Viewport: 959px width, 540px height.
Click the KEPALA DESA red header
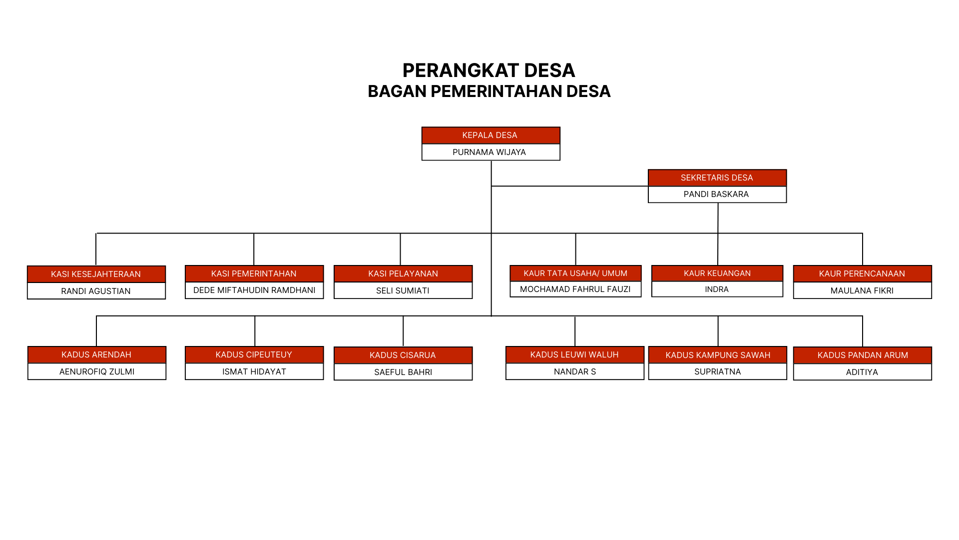pyautogui.click(x=490, y=135)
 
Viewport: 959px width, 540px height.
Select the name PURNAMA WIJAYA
pyautogui.click(x=489, y=152)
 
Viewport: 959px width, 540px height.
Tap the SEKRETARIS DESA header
pyautogui.click(x=717, y=178)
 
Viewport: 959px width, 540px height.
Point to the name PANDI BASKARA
pyautogui.click(x=716, y=194)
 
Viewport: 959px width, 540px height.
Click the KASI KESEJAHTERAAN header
pyautogui.click(x=96, y=274)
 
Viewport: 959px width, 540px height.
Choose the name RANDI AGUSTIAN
pyautogui.click(x=96, y=291)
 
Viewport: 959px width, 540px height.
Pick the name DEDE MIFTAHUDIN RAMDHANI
pyautogui.click(x=254, y=290)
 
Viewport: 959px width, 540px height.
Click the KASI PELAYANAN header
pyautogui.click(x=403, y=273)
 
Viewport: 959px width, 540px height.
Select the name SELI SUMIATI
pyautogui.click(x=403, y=290)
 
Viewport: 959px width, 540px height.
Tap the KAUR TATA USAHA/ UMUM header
pyautogui.click(x=575, y=273)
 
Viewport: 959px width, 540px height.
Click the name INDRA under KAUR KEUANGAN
pyautogui.click(x=717, y=289)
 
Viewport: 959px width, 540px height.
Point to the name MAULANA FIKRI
pyautogui.click(x=862, y=290)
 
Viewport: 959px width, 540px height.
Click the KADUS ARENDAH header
pyautogui.click(x=96, y=354)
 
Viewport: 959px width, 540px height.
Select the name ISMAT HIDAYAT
pyautogui.click(x=254, y=371)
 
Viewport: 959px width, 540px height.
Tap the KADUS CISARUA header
pyautogui.click(x=403, y=355)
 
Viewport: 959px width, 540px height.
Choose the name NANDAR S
pyautogui.click(x=575, y=371)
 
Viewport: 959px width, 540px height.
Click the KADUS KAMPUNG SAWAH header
pyautogui.click(x=718, y=355)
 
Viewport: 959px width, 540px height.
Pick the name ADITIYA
pyautogui.click(x=862, y=372)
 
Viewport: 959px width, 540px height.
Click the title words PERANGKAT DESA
pyautogui.click(x=489, y=70)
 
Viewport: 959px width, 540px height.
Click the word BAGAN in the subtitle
pyautogui.click(x=397, y=91)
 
